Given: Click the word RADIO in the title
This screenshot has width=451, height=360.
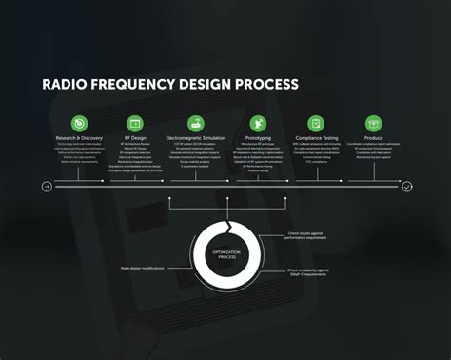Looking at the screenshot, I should [66, 84].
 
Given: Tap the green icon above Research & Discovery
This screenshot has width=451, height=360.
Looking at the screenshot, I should [79, 123].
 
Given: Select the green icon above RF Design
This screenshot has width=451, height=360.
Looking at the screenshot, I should [136, 123].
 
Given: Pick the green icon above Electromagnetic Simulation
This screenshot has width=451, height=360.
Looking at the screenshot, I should [196, 123].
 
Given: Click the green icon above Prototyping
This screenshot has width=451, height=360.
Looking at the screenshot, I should [259, 123].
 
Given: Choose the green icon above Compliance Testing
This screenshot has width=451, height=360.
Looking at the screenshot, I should [316, 123].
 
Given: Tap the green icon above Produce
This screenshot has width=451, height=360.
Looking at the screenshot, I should [374, 123].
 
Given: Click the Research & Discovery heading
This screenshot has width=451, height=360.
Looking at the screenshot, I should [79, 138].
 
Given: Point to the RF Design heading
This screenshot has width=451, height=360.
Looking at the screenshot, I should [136, 138].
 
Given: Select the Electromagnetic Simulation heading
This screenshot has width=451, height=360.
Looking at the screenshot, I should [196, 138].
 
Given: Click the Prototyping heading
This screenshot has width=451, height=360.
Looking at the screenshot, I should [259, 138].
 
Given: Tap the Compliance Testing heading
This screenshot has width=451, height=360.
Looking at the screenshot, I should [316, 138].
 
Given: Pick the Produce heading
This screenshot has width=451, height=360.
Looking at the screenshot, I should [374, 138].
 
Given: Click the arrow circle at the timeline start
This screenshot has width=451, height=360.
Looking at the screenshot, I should [47, 187].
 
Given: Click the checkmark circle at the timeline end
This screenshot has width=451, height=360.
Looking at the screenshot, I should [406, 187].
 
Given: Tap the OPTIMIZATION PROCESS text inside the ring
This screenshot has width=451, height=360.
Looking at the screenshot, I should [226, 255].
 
